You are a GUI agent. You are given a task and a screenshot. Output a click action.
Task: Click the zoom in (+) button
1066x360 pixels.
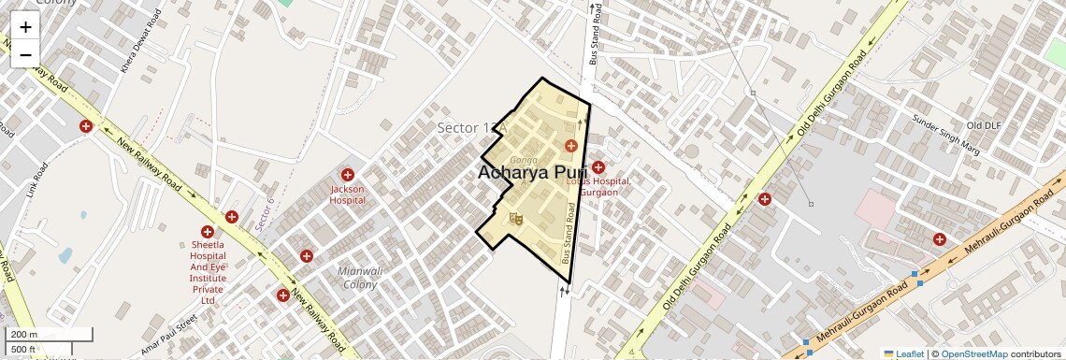(x=25, y=27)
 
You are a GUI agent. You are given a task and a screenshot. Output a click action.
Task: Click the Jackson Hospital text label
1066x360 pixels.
(x=347, y=194)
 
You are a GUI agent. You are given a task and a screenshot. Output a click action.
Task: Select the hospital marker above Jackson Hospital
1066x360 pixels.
(x=347, y=175)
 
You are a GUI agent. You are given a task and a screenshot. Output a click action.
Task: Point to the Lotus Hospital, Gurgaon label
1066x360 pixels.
(x=598, y=186)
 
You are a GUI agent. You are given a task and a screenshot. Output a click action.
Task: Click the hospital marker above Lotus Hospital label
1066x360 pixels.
(x=598, y=167)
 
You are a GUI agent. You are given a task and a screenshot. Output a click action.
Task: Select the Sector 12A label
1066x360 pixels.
(x=472, y=127)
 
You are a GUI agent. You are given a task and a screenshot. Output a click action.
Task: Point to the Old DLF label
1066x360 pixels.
(x=984, y=125)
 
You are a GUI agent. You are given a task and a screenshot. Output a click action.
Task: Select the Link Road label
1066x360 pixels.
(x=38, y=183)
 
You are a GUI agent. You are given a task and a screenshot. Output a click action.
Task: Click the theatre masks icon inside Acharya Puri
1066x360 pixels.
(x=514, y=219)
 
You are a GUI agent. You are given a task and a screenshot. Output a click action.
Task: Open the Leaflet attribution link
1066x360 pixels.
(x=903, y=353)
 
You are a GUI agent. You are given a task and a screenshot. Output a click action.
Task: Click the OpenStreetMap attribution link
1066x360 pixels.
(x=973, y=353)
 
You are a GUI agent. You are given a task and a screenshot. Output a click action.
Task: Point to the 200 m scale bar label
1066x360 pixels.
(x=24, y=335)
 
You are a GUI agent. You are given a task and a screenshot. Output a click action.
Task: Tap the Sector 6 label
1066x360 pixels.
(x=266, y=214)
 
